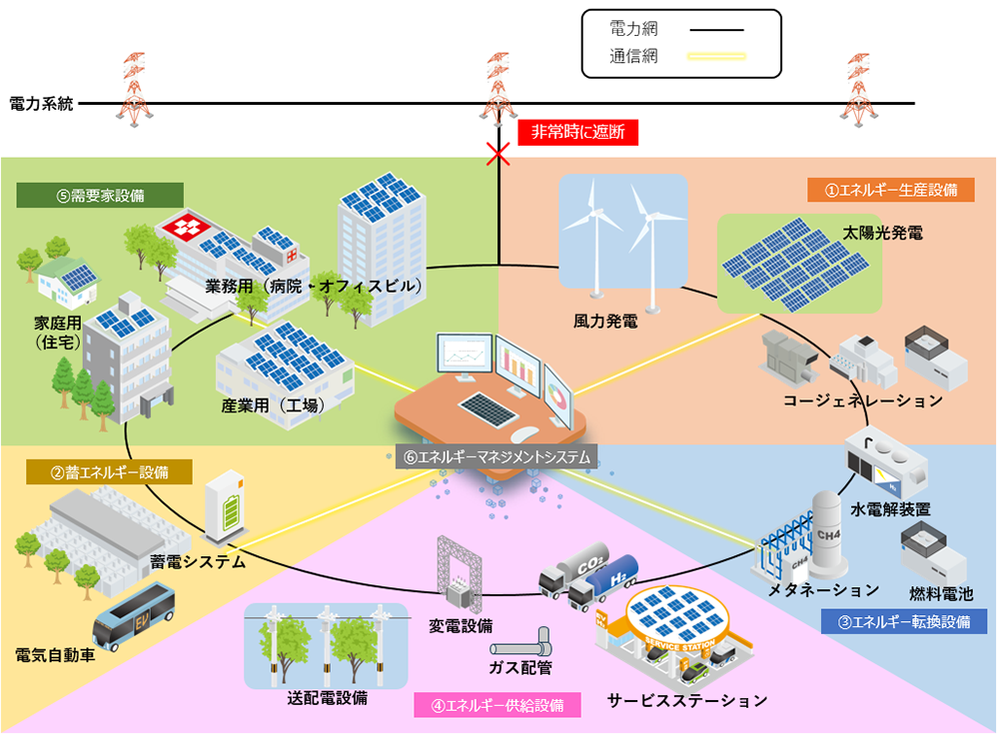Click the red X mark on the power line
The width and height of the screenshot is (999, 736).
click(x=498, y=153)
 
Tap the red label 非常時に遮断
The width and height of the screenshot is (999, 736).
click(x=577, y=132)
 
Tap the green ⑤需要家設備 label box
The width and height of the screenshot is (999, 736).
click(x=100, y=196)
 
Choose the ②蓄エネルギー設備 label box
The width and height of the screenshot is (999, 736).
click(x=109, y=471)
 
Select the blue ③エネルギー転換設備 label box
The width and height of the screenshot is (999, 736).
click(x=903, y=622)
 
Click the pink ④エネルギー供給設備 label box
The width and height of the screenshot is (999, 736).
click(x=497, y=704)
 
